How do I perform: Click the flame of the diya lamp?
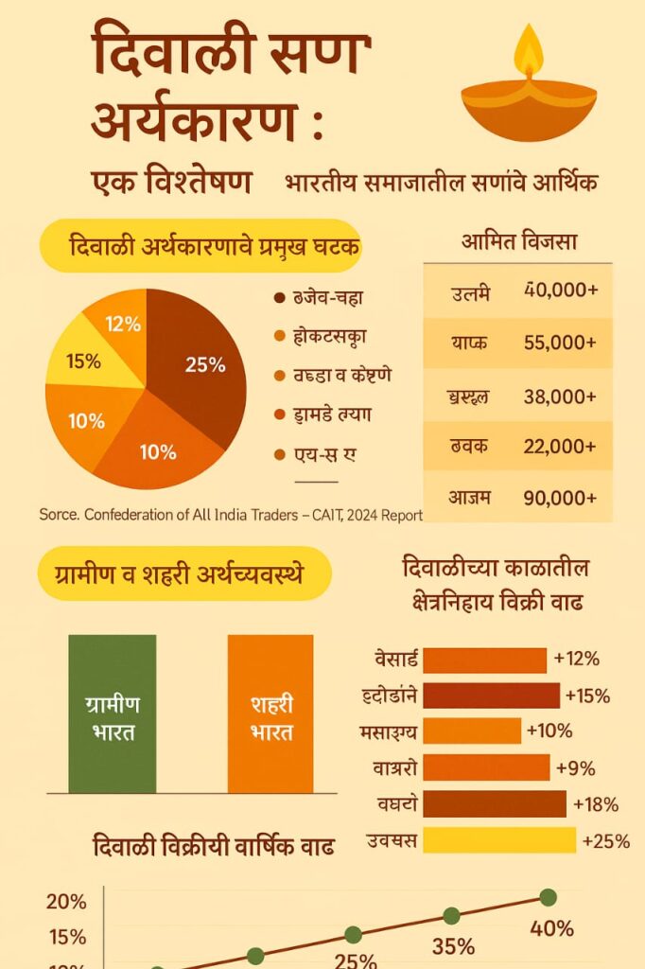pyautogui.click(x=529, y=51)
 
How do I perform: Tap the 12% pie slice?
pyautogui.click(x=122, y=325)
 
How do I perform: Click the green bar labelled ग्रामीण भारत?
pyautogui.click(x=112, y=714)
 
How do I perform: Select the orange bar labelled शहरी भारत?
pyautogui.click(x=270, y=714)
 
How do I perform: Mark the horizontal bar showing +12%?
pyautogui.click(x=485, y=661)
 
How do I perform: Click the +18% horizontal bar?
pyautogui.click(x=495, y=803)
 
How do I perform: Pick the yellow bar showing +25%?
pyautogui.click(x=499, y=839)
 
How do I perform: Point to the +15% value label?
pyautogui.click(x=587, y=696)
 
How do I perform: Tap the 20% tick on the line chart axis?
pyautogui.click(x=66, y=901)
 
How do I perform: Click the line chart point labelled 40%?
pyautogui.click(x=548, y=897)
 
